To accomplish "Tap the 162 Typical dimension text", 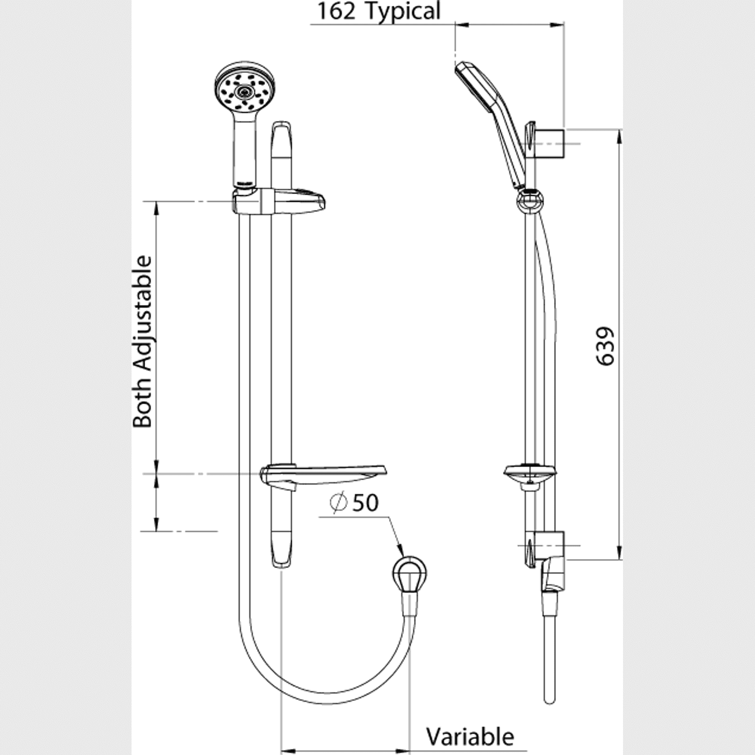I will point(378,11).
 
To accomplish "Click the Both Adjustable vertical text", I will point(143,341).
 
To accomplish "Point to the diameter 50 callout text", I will point(354,503).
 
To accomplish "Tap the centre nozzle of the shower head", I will point(244,92).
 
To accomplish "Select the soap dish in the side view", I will point(530,473).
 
